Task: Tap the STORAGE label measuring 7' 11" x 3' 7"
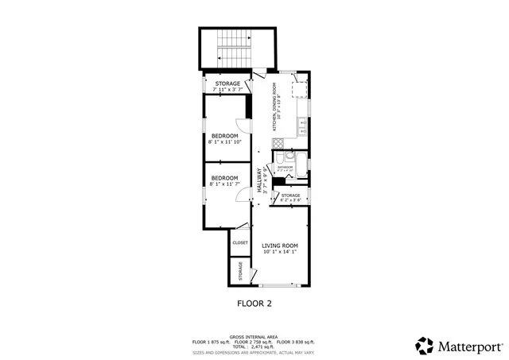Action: [227, 86]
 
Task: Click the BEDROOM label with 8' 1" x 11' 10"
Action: [224, 139]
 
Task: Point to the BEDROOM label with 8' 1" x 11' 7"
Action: [224, 180]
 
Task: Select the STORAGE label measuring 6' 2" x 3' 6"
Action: [290, 197]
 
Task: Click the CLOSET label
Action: [240, 242]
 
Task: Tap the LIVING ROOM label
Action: [280, 249]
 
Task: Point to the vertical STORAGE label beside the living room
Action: [240, 271]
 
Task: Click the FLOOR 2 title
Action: [254, 304]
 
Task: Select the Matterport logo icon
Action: [425, 346]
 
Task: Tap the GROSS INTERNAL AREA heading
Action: [254, 336]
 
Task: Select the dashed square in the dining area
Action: [300, 89]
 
